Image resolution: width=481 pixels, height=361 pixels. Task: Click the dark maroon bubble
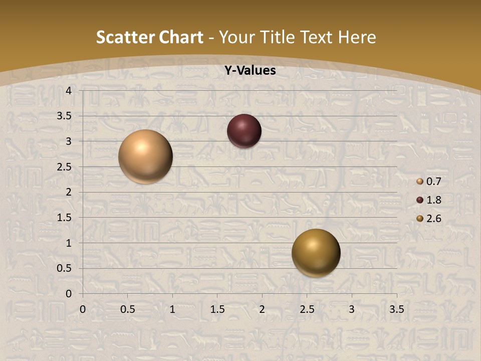point(244,131)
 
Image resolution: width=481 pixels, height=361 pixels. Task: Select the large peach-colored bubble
point(145,156)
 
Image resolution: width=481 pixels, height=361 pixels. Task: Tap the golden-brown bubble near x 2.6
point(316,253)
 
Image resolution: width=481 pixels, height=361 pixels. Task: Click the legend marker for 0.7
point(420,182)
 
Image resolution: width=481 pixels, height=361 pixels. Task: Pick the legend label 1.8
point(433,200)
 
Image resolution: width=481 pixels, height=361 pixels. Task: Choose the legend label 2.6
point(433,219)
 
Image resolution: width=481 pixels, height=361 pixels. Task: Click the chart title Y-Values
point(250,71)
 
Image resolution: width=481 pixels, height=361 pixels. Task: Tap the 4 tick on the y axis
point(69,91)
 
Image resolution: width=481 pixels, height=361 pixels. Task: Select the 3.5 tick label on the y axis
point(65,116)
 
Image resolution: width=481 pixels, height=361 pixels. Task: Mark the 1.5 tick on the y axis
point(65,218)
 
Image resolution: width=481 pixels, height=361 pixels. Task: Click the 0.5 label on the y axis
point(65,268)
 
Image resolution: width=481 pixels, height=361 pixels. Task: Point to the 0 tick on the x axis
point(83,309)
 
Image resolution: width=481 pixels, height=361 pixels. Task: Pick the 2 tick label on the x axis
point(262,309)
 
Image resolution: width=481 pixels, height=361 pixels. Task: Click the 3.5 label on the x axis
point(396,309)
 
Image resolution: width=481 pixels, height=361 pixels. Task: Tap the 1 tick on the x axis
point(173,309)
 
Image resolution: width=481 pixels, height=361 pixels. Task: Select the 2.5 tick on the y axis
point(65,167)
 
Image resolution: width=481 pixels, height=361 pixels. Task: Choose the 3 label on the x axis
point(352,309)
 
